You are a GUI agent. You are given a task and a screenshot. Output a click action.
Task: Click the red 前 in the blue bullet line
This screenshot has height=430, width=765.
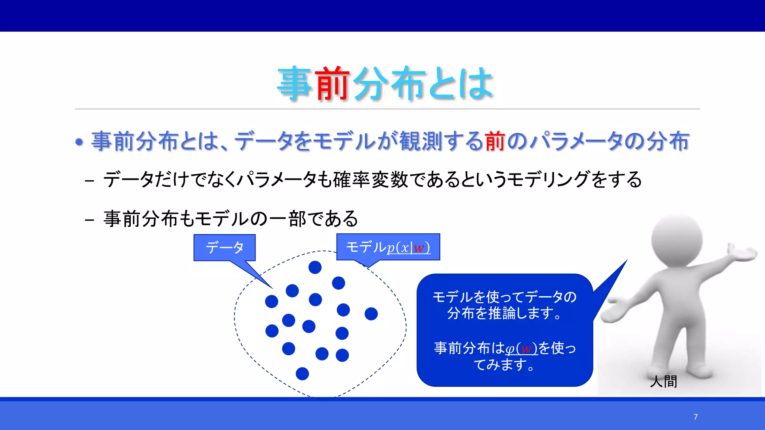click(x=495, y=141)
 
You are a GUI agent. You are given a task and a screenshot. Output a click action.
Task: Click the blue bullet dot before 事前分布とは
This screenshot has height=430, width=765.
click(x=79, y=142)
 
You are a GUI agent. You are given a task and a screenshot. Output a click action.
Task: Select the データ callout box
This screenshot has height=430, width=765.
click(x=224, y=247)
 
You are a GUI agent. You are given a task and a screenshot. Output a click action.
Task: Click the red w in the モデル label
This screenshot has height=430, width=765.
click(x=419, y=248)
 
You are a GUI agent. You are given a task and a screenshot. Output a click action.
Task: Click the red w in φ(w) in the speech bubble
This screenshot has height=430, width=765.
click(x=526, y=349)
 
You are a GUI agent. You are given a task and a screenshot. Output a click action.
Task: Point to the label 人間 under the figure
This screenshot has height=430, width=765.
click(x=663, y=381)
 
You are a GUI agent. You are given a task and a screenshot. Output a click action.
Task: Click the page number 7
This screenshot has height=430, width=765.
click(x=696, y=417)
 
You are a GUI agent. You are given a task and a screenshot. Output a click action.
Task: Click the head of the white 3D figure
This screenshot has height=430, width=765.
click(x=677, y=239)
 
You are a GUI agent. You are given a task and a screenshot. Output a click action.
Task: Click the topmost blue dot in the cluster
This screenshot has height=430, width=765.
click(x=315, y=267)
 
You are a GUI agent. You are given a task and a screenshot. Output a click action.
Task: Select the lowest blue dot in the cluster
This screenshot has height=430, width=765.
click(x=302, y=374)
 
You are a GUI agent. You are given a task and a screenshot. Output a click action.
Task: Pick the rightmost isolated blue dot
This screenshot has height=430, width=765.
click(x=371, y=314)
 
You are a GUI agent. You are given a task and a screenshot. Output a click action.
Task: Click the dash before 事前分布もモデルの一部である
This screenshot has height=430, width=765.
click(x=89, y=219)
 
